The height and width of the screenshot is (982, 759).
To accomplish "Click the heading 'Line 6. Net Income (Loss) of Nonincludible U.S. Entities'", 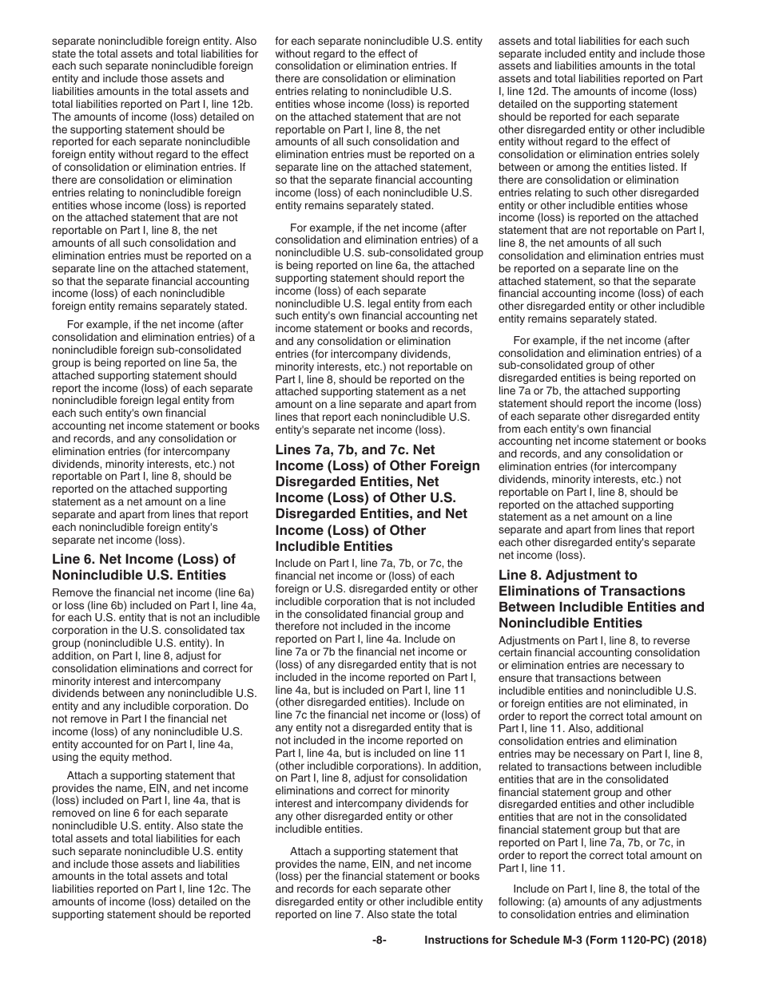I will point(144,567).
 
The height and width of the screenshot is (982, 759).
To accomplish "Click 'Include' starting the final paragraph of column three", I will point(532,889).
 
